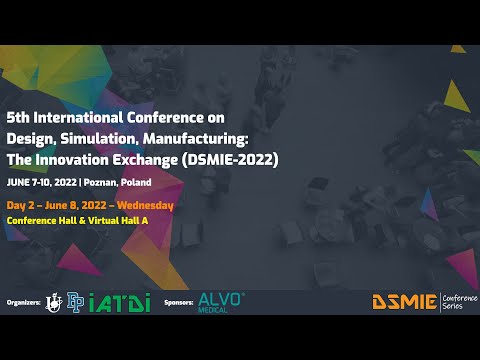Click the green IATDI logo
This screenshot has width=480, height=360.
[x=119, y=301]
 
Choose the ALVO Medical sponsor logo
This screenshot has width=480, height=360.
[x=221, y=300]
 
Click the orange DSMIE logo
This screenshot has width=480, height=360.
[x=403, y=301]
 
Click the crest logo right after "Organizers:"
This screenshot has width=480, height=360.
[x=53, y=301]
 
